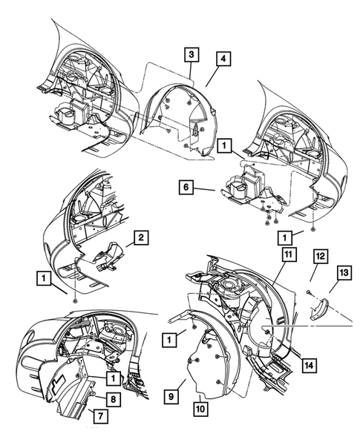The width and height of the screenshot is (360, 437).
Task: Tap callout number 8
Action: (114, 398)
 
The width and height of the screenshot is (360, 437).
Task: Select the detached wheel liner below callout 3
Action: (178, 119)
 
